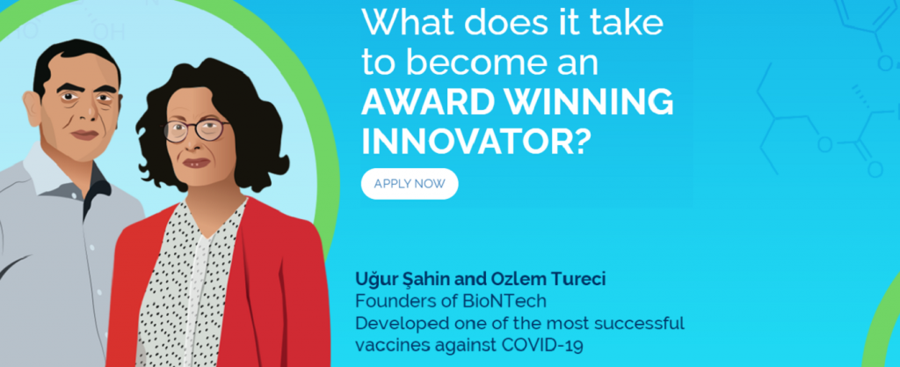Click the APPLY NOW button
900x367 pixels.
(410, 184)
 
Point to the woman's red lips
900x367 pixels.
(196, 163)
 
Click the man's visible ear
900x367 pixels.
(33, 109)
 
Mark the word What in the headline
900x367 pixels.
(408, 23)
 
